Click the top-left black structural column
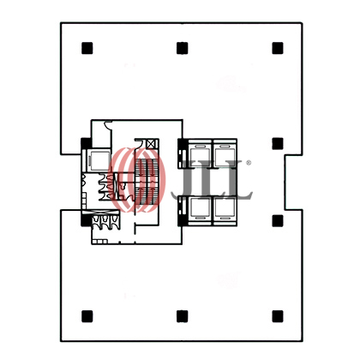tap(87, 48)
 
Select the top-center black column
tap(183, 48)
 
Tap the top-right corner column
tap(278, 48)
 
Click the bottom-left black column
tap(87, 316)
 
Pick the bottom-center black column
tap(183, 316)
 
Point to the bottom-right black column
tap(278, 316)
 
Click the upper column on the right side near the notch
tap(278, 143)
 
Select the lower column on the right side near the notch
tap(278, 221)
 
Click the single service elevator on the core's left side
tap(99, 161)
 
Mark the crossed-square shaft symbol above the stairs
tap(153, 144)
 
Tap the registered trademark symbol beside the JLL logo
tap(249, 163)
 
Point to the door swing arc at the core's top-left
tap(107, 124)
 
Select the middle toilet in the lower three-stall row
tap(105, 220)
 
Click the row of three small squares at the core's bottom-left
tap(99, 242)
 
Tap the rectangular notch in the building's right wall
tap(293, 183)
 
